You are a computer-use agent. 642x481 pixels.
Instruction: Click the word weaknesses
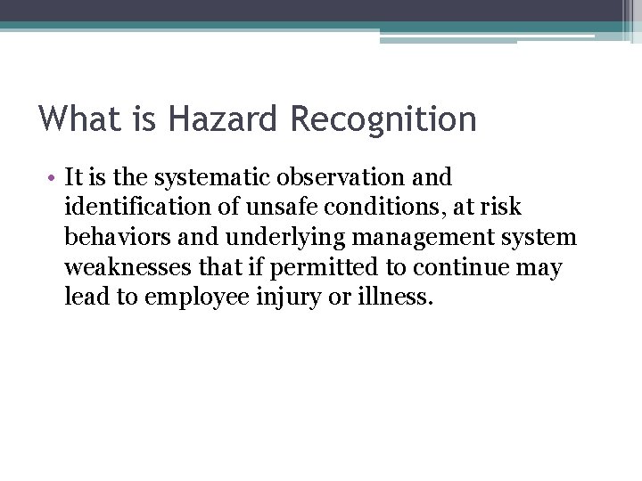(127, 267)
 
